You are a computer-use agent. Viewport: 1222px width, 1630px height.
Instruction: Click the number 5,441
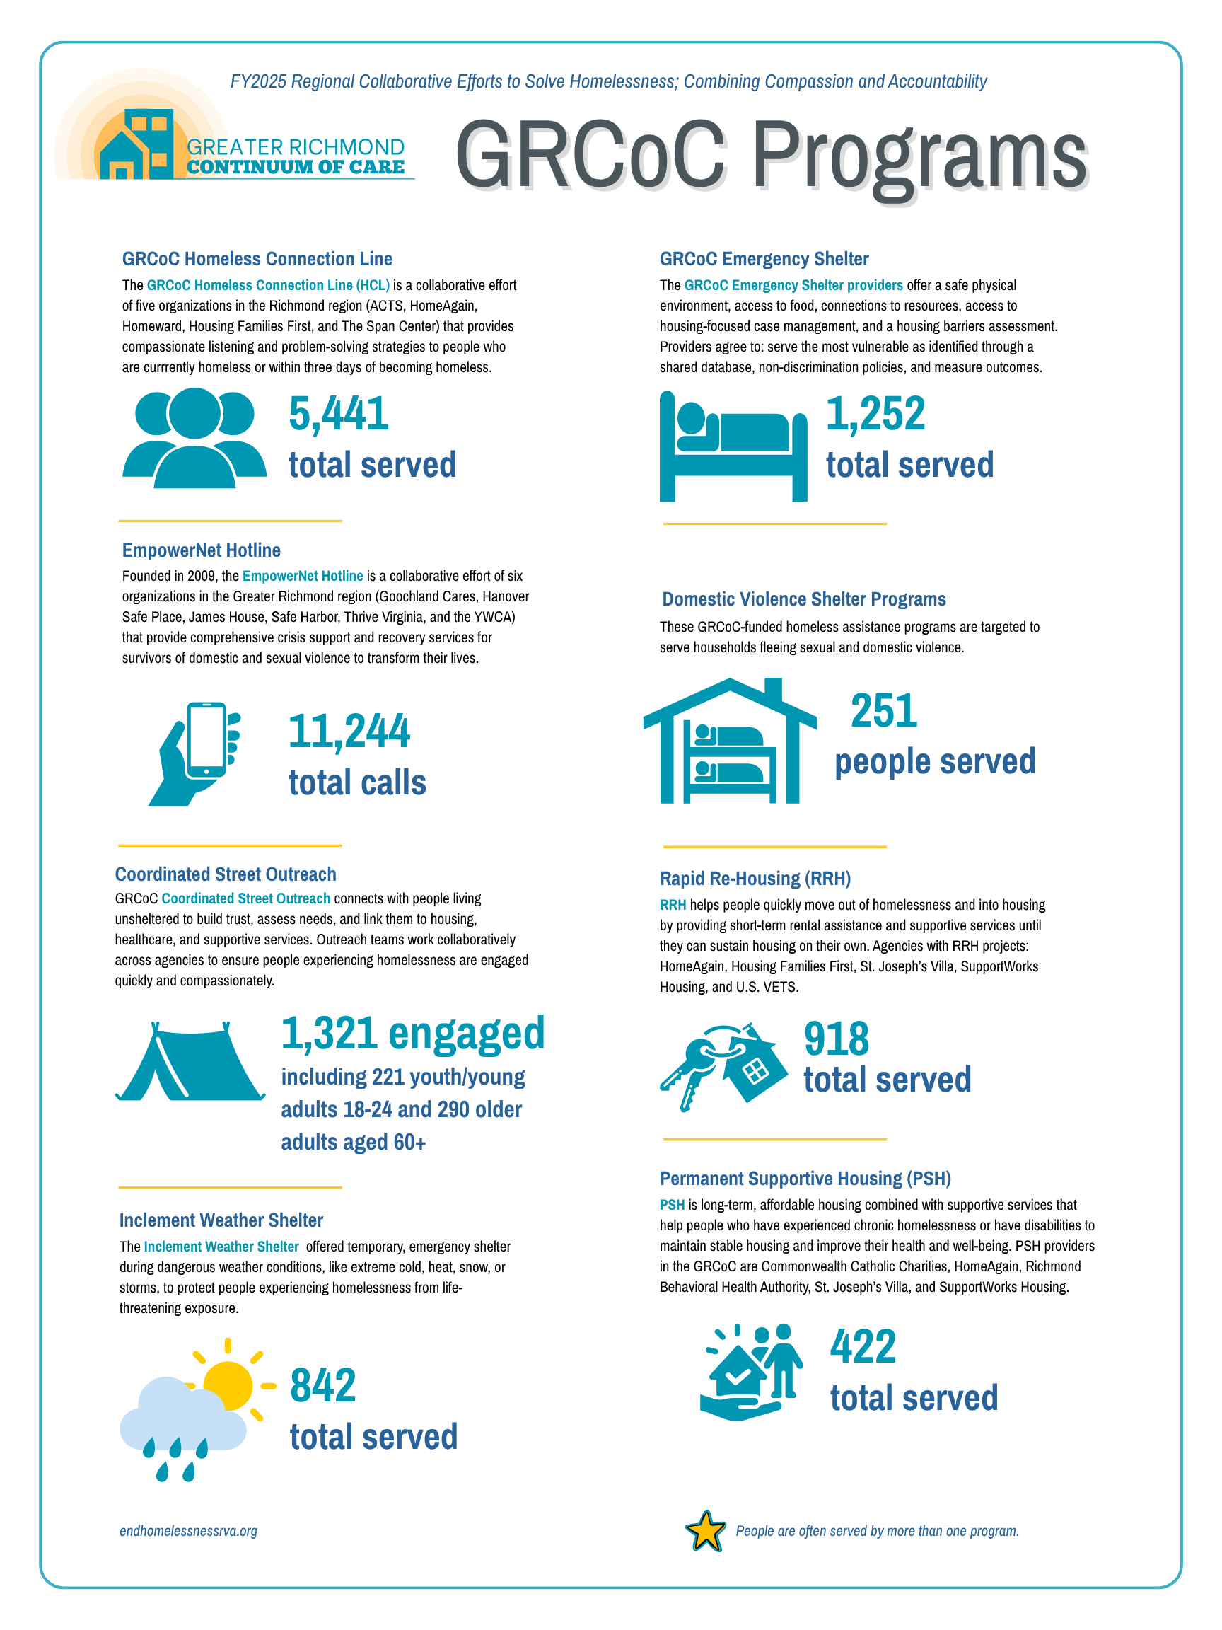(338, 413)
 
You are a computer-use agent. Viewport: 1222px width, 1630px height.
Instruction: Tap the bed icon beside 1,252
(732, 446)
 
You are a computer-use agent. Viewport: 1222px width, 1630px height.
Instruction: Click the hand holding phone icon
(195, 753)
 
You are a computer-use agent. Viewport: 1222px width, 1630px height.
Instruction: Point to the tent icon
(190, 1062)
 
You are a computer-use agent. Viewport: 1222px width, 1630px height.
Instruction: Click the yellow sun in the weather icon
(228, 1385)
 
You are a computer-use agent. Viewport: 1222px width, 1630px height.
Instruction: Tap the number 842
(322, 1385)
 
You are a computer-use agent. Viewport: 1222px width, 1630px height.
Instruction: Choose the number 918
(836, 1039)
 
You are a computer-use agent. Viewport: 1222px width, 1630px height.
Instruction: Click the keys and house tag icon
(718, 1065)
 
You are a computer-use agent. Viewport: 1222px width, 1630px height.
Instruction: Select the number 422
(863, 1346)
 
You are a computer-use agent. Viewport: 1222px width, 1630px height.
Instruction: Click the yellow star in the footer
(706, 1530)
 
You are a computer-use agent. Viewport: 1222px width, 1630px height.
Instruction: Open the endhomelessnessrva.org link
(189, 1530)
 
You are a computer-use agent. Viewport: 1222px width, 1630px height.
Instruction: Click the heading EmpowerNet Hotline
(201, 550)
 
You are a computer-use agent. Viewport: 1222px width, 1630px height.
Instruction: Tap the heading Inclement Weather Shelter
(221, 1220)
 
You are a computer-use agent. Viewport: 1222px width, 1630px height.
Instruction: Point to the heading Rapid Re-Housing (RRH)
(755, 879)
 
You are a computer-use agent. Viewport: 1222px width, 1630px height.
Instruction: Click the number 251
(883, 711)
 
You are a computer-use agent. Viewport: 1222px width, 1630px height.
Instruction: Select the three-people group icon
(194, 438)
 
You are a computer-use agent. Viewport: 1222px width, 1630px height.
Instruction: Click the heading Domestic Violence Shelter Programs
(803, 599)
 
